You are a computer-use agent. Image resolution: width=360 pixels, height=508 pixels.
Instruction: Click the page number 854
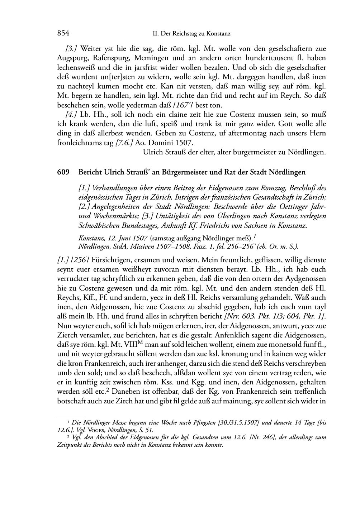pos(63,34)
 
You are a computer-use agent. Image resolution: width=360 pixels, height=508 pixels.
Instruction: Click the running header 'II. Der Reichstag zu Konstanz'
pos(191,34)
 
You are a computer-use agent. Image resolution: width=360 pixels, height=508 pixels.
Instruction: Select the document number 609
pos(63,172)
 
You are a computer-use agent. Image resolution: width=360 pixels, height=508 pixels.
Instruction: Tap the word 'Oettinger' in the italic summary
pos(284,207)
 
